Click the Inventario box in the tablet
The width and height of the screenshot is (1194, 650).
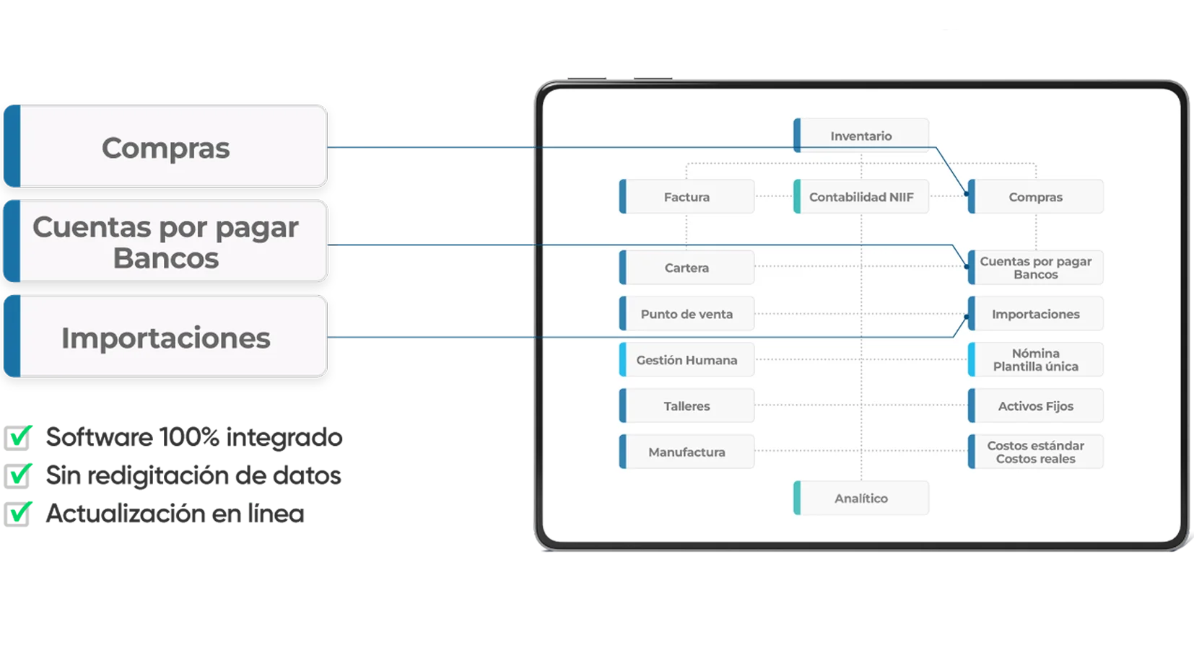(860, 136)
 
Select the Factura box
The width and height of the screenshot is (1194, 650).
(687, 197)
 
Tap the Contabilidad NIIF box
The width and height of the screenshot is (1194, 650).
(860, 197)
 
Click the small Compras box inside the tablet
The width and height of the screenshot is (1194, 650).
(1035, 197)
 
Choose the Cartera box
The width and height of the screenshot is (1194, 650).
(687, 268)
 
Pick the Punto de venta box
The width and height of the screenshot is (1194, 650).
(687, 314)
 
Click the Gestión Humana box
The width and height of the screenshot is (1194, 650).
(687, 360)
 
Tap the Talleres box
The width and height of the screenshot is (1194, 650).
(687, 406)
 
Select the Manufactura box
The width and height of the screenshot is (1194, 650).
(687, 452)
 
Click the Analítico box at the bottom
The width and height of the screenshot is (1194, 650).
(860, 499)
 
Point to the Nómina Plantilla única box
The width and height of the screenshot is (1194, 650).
(1035, 360)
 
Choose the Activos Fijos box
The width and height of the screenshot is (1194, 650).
(1035, 406)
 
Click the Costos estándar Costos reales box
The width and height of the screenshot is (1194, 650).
(1035, 452)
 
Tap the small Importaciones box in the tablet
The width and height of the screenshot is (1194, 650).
(1035, 314)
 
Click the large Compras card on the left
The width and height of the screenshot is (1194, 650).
(165, 147)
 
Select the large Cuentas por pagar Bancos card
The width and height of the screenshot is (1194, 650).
(165, 242)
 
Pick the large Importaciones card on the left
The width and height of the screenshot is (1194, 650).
(165, 337)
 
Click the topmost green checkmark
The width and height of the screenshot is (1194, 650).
(22, 434)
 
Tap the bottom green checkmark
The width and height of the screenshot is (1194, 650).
(22, 510)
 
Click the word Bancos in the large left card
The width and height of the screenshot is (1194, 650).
(165, 258)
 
